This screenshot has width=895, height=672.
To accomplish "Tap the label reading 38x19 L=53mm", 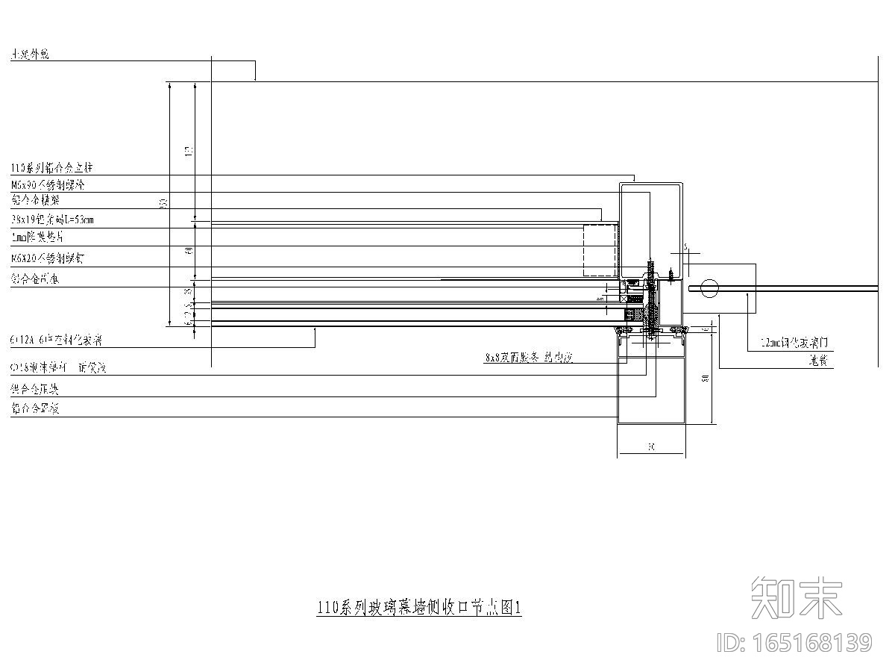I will point(53,220).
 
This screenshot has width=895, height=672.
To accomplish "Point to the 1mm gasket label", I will point(37,237).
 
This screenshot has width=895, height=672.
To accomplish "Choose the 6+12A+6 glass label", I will point(57,340).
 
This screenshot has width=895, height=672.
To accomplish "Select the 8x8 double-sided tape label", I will point(528,358).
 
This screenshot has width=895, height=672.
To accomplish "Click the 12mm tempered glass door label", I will point(794,343).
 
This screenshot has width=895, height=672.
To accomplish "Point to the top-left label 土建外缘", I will point(31,55).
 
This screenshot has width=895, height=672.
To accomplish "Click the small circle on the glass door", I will point(709,287).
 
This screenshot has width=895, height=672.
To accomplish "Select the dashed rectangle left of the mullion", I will point(600,250).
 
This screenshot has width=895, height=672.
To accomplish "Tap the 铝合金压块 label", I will point(35,390).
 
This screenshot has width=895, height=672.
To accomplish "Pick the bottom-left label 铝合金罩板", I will point(35,408).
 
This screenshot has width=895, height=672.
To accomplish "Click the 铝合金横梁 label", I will point(36,201).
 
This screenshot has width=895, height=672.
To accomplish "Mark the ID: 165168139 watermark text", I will point(794,642).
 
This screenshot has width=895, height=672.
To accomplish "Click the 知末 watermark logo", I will point(797,597).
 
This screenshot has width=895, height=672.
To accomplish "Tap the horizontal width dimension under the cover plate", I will point(650,447).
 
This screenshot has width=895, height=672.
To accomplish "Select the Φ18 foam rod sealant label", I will point(59,368).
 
